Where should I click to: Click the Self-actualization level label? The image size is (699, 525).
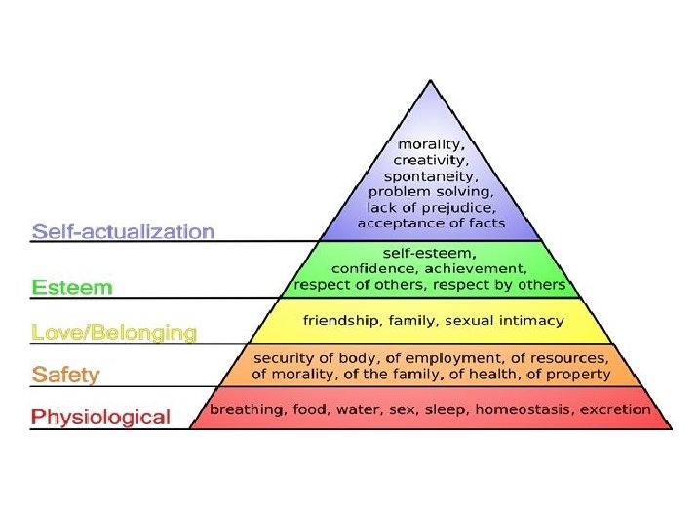[123, 232]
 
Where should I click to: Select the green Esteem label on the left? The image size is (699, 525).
[72, 287]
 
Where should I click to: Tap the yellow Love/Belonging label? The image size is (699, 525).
[114, 333]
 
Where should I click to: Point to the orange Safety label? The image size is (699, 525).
[65, 374]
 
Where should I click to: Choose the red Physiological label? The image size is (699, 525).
[100, 417]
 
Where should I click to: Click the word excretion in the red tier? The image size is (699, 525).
[616, 409]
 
